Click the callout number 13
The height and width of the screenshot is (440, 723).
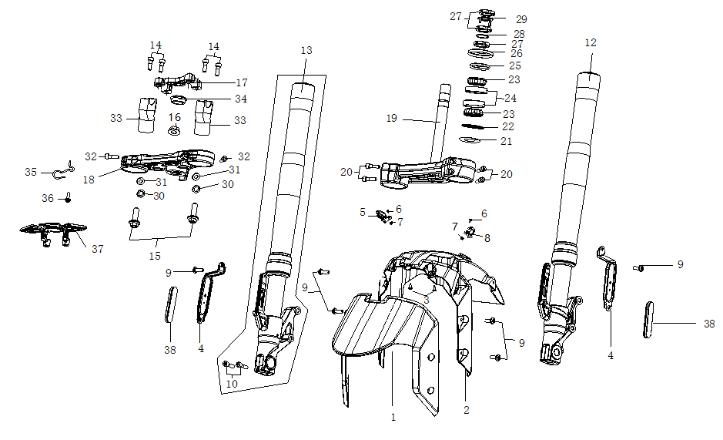(x=306, y=50)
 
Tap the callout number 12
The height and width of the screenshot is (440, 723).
(x=591, y=43)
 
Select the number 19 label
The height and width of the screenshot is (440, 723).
(x=392, y=119)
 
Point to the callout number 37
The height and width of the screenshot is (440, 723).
(x=97, y=249)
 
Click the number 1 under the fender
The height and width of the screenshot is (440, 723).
(x=393, y=418)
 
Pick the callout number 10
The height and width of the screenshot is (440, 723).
(x=232, y=382)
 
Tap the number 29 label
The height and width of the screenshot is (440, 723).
(x=521, y=18)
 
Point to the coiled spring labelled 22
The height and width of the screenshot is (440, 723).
(x=477, y=126)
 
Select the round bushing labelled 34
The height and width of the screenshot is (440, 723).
(x=178, y=100)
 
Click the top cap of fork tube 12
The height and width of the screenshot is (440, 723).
(x=591, y=76)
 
